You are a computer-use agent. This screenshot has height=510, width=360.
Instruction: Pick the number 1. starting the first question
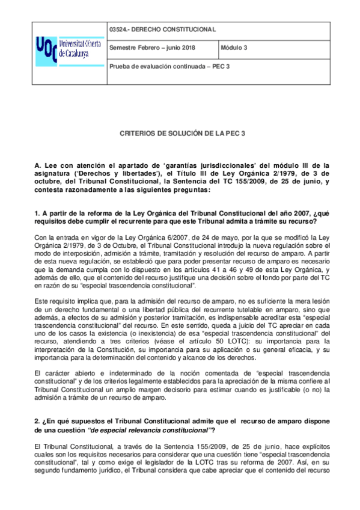pos(37,212)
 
